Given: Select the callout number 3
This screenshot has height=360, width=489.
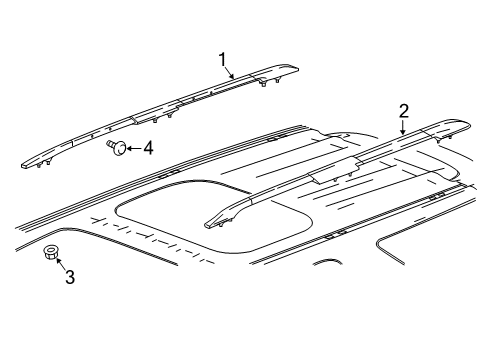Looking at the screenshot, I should (69, 277).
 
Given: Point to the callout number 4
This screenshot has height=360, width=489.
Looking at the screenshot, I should (147, 148).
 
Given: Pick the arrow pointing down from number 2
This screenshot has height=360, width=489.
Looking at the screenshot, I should (402, 124).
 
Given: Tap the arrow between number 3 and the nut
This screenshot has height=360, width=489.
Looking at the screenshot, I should (60, 265).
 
